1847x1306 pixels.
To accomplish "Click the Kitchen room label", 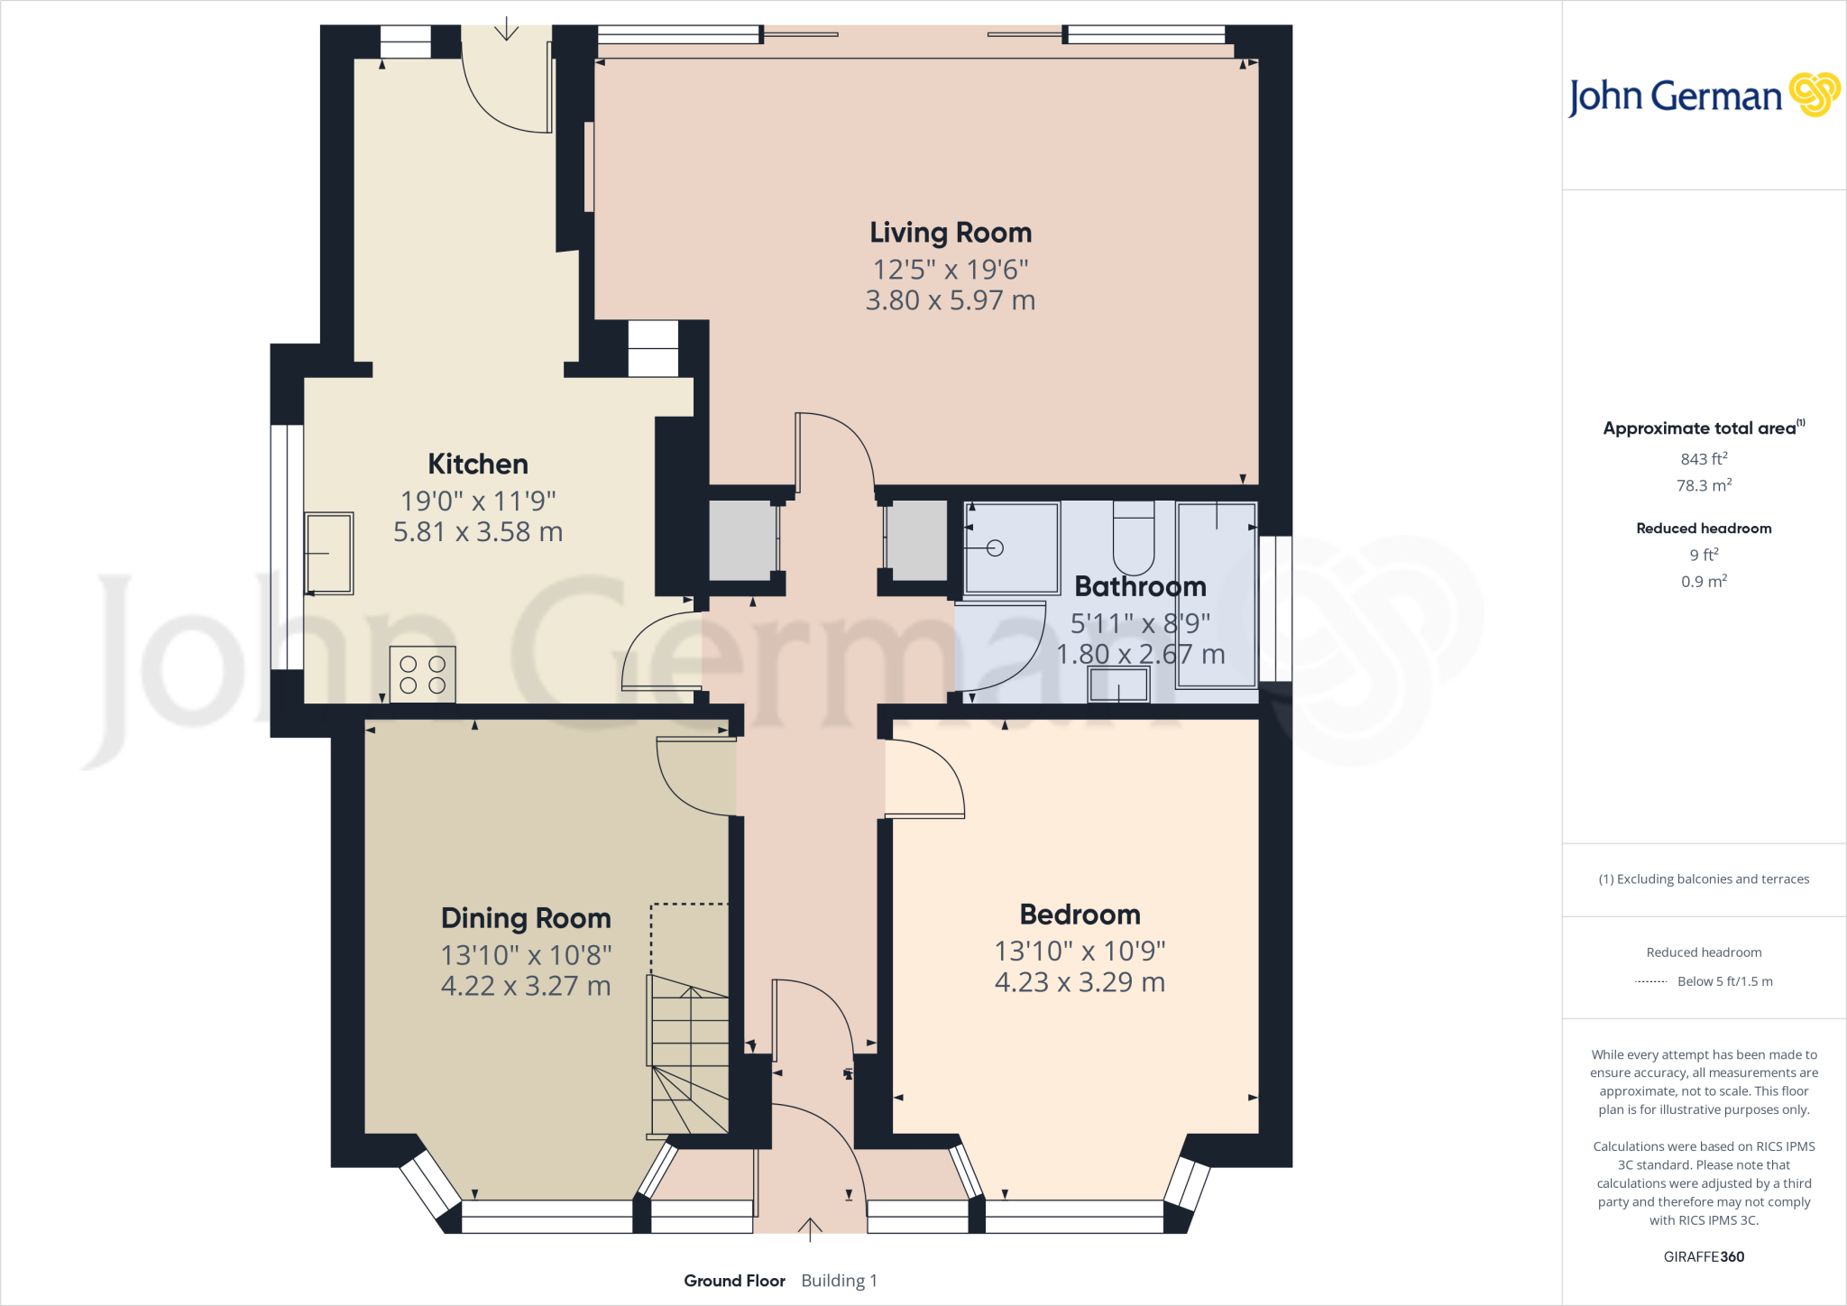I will [477, 464].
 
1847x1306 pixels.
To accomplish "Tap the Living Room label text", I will [950, 233].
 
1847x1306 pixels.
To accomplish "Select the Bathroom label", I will [1140, 587].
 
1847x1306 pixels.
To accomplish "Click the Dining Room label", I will [526, 918].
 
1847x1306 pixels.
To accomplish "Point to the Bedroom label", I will [1080, 915].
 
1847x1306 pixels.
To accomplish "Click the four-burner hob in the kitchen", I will [422, 675].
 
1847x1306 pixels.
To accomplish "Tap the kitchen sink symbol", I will [328, 553].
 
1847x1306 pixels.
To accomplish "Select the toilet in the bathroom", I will [1134, 538].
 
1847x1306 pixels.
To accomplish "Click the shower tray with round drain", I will [1011, 547].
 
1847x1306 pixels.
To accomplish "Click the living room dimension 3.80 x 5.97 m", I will [950, 300].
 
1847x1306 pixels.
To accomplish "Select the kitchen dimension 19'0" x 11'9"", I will [477, 501].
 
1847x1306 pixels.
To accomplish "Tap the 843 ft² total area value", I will [1703, 459].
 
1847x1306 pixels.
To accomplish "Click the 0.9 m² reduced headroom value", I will [1703, 582].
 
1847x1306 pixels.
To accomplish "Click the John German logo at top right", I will [1703, 96].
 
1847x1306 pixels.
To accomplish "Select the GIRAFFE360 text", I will [1703, 1256].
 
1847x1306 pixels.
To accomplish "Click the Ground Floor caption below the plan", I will [734, 1281].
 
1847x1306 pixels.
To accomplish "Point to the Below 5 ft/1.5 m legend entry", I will [1723, 981].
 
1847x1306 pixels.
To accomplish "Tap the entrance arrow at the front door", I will [810, 1228].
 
